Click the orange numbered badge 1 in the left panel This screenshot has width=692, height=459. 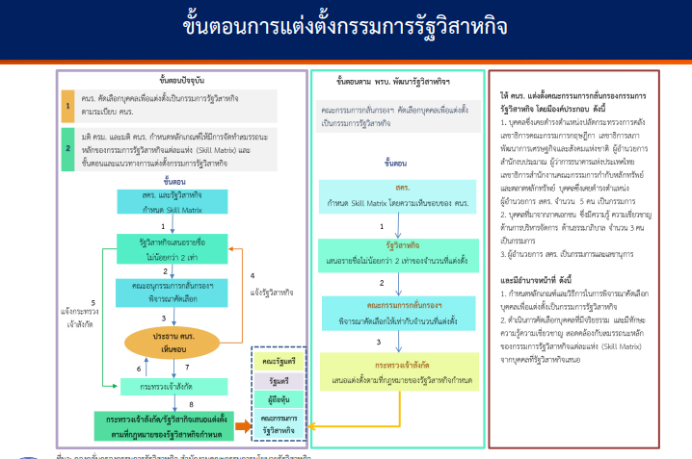tap(68, 104)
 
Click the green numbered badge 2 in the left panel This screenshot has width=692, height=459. tap(68, 149)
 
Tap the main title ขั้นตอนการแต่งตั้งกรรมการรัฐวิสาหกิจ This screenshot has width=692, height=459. tap(345, 28)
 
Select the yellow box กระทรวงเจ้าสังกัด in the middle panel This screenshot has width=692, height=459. tap(387, 372)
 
